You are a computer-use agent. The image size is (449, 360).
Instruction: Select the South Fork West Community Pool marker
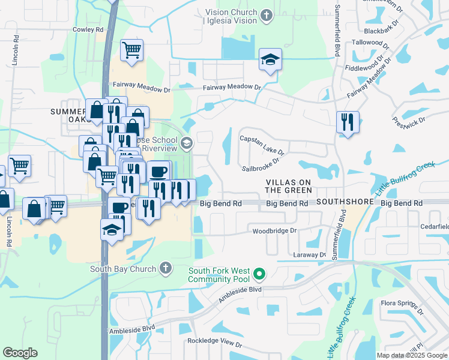point(259,275)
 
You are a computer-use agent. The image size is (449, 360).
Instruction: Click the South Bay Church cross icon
point(166,269)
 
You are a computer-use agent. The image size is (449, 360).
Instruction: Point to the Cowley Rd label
point(88,29)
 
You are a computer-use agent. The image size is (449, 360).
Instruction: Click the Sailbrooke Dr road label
point(261,164)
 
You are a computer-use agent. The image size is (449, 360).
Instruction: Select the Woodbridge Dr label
point(275,230)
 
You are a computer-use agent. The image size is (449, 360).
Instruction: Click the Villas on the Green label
point(289,186)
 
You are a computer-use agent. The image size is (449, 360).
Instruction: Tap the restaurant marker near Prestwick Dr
point(348,122)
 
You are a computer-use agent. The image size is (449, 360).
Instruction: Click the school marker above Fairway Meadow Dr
point(270,59)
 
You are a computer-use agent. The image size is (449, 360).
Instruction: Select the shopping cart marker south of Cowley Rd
point(131,50)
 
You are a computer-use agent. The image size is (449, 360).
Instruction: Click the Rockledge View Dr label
point(215,345)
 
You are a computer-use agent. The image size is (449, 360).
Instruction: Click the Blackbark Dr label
point(381,30)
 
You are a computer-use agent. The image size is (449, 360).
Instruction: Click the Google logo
point(20,353)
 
